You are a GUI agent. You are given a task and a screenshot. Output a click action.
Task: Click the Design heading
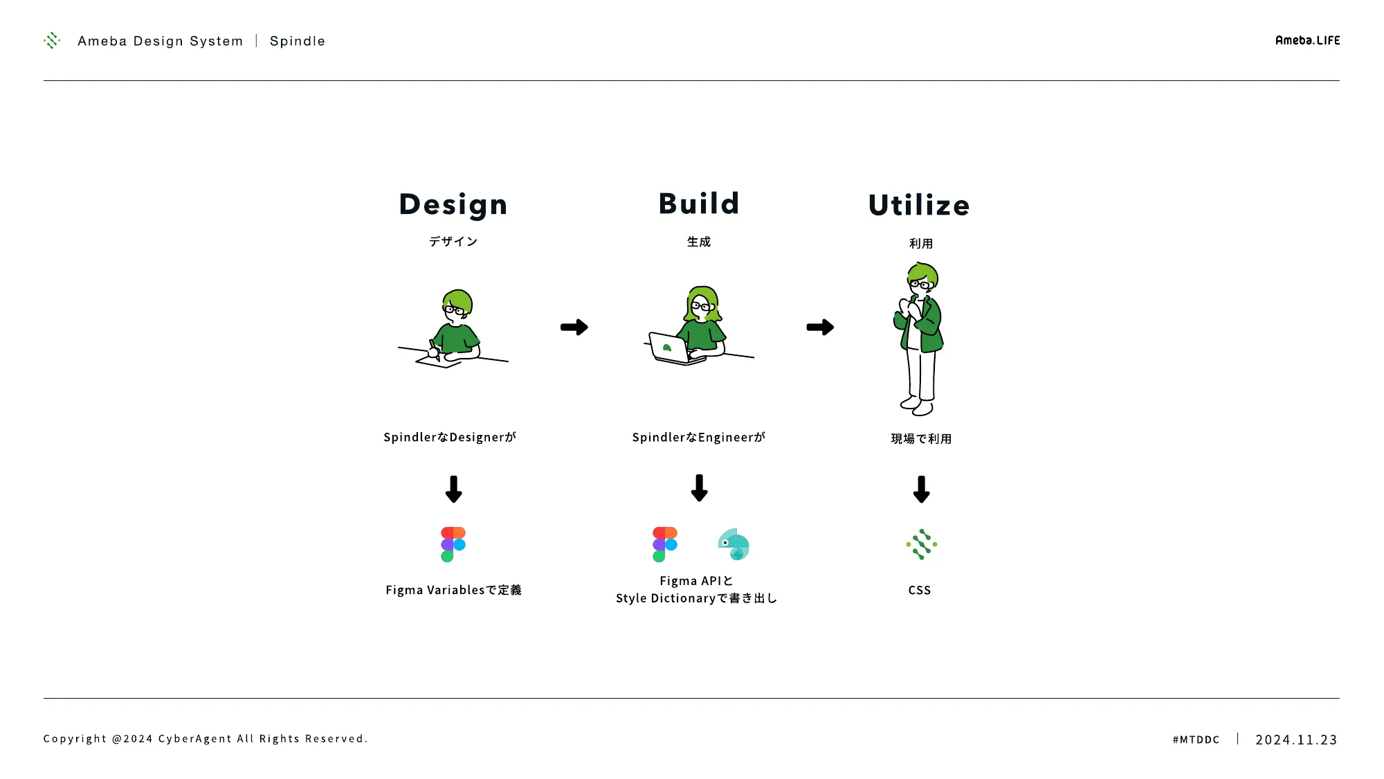[453, 205]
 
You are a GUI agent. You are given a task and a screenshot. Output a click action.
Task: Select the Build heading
[699, 204]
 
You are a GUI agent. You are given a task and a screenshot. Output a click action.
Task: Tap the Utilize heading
[919, 205]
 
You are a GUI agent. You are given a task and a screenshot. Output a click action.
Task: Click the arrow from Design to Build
[574, 327]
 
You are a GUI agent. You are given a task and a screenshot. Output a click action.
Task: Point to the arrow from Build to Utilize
[820, 327]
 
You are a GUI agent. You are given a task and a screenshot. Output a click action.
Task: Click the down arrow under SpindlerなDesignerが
[453, 489]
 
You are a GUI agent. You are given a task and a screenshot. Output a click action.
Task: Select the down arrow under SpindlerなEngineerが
[699, 487]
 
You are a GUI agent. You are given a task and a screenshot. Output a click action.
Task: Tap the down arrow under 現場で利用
[921, 489]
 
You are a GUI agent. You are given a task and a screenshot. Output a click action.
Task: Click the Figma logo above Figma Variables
[453, 544]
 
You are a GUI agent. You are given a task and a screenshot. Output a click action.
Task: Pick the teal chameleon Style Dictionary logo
[734, 544]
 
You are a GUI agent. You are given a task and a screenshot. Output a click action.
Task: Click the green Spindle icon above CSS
[921, 544]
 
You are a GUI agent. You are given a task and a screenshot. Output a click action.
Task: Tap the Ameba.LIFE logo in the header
[1307, 41]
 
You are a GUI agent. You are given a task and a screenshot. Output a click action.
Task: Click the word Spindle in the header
[298, 42]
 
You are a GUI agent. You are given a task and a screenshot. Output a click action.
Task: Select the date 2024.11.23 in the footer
[1296, 740]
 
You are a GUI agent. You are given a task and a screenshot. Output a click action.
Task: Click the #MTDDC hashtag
[1196, 740]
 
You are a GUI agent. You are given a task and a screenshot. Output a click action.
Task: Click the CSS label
[920, 590]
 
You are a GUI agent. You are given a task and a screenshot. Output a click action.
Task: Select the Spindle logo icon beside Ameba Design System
[52, 41]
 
